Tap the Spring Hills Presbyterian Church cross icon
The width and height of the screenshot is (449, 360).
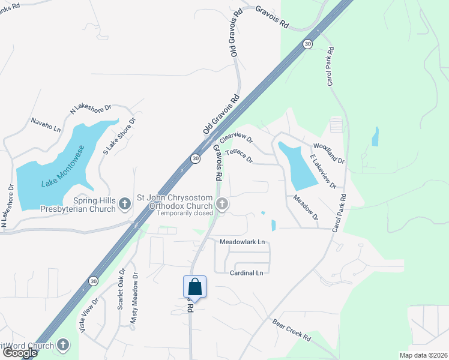pos(125,204)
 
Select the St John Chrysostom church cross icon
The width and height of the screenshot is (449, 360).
pos(222,205)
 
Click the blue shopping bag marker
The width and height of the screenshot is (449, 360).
pos(194,287)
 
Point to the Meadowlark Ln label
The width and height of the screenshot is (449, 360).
pos(242,242)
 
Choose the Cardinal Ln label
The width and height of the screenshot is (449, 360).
pos(247,273)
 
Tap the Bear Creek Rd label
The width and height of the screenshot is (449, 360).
pos(291,331)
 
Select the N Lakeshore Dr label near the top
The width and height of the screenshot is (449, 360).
pos(91,109)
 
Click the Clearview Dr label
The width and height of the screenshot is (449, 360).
pos(236,139)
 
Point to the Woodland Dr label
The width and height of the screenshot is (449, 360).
pos(329,154)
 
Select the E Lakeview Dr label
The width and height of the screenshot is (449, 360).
pos(322,171)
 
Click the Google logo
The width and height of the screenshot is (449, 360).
pos(20,353)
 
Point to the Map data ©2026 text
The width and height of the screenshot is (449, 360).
pos(423,355)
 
